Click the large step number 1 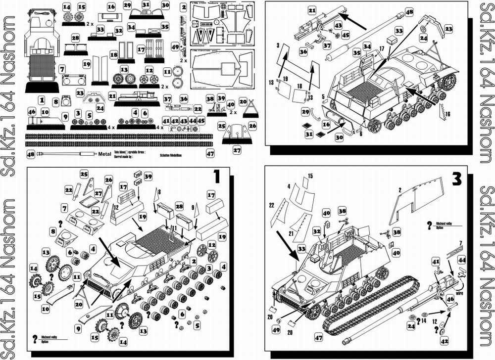point(216,176)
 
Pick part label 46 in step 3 point(450,299)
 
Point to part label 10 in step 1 point(45,309)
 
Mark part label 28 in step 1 point(179,205)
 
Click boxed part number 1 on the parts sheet point(42,100)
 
